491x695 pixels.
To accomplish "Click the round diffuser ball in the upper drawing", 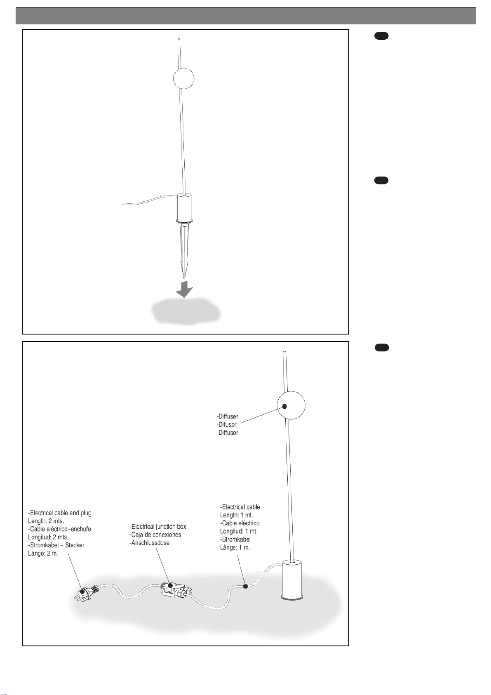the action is tap(183, 78).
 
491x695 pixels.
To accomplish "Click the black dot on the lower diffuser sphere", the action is tap(284, 406).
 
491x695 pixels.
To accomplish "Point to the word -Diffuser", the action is tap(228, 417).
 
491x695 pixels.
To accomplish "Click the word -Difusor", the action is tap(227, 424).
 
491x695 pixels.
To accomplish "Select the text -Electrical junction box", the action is tap(158, 527).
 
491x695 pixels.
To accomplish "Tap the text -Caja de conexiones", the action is tap(155, 535).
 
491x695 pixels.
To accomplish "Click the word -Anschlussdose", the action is tap(150, 543).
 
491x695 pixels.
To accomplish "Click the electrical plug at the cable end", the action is tap(85, 592).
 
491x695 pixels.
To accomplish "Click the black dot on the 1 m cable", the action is tap(245, 586).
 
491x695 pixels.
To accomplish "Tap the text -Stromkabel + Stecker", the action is tap(56, 545).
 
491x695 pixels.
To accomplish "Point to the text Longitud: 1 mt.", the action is tap(239, 531).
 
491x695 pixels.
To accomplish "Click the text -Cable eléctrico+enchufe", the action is tap(59, 529).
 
